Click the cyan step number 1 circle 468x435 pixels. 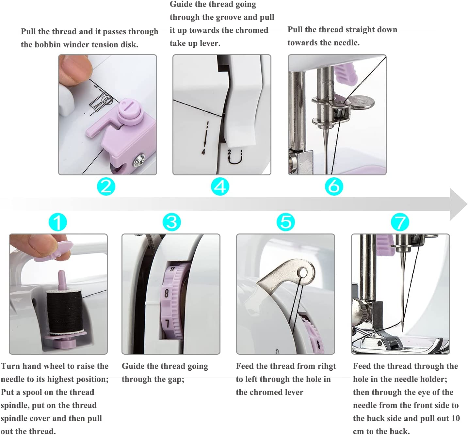click(x=58, y=222)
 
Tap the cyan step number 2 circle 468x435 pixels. click(x=106, y=186)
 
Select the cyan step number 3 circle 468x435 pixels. click(x=172, y=222)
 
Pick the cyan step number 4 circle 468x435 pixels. click(x=220, y=186)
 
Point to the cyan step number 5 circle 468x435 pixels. click(x=286, y=222)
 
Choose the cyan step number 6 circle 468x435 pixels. click(x=334, y=186)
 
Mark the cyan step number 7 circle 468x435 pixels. click(x=400, y=222)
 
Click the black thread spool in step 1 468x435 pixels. click(x=64, y=312)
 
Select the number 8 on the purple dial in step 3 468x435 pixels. click(x=166, y=293)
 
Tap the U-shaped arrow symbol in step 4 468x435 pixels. click(x=234, y=157)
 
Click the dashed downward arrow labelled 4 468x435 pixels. click(x=205, y=137)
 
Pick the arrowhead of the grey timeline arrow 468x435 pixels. click(x=458, y=204)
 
